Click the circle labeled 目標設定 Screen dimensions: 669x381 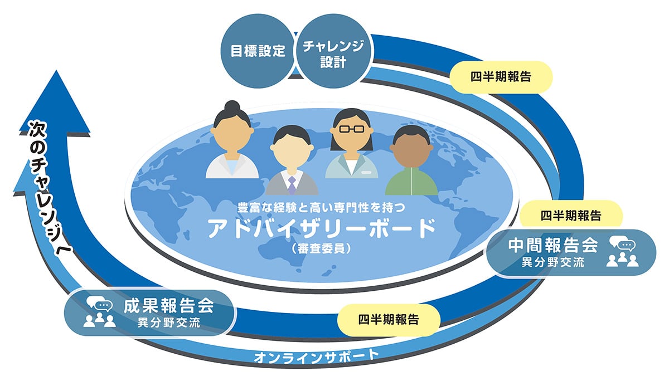258,51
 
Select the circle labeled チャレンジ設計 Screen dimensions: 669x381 333,51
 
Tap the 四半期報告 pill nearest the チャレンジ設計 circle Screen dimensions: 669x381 501,77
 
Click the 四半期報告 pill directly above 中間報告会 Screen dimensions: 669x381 571,216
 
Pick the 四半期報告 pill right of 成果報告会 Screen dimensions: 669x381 389,320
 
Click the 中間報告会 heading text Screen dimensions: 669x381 553,246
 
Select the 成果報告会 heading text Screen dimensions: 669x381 169,305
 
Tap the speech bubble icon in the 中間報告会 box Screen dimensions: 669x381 622,244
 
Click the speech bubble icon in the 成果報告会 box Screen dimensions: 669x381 100,304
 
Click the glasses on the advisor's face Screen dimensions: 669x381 352,129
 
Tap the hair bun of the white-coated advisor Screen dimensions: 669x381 232,106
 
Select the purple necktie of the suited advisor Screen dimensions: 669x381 292,185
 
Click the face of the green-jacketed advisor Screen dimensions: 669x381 411,149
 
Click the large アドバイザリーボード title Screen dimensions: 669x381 321,228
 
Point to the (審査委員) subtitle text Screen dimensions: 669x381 321,248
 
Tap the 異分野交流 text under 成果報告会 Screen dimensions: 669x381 169,323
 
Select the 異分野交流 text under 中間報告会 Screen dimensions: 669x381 553,262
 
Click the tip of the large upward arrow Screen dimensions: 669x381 56,70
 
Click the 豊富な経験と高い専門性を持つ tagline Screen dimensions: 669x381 321,208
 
